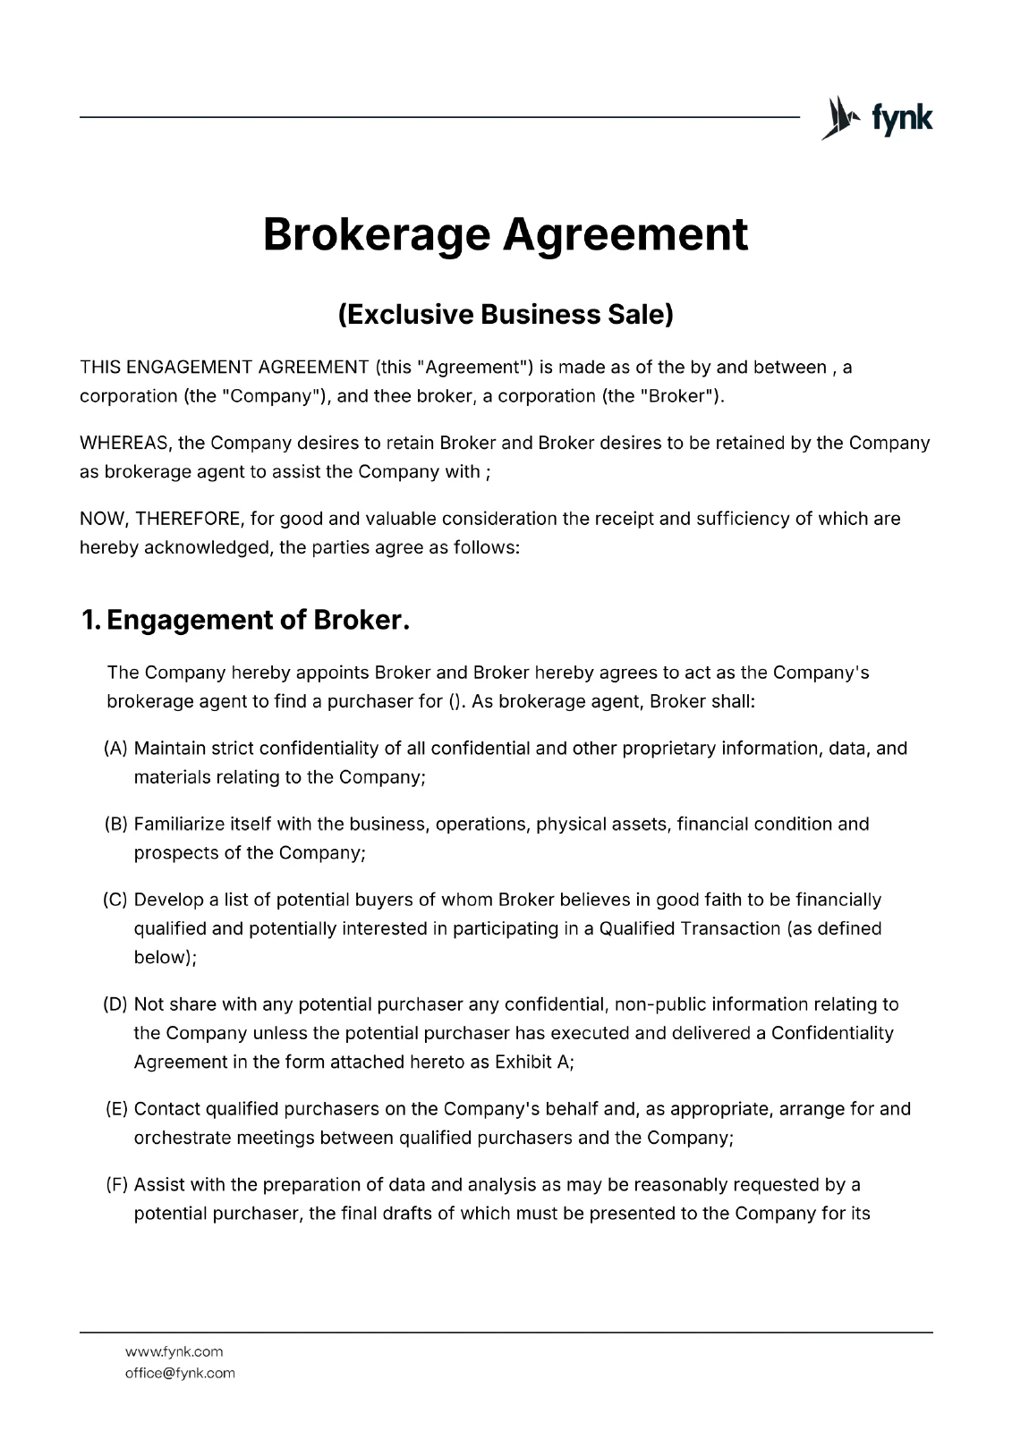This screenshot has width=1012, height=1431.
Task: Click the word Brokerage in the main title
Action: [x=376, y=234]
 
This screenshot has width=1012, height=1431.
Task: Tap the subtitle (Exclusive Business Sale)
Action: [x=506, y=314]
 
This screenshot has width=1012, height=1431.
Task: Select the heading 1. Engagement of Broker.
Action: [x=245, y=619]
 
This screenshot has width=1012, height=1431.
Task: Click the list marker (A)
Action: [x=116, y=748]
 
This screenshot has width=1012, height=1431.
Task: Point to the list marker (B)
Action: [x=116, y=824]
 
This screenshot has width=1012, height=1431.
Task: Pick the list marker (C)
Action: [x=116, y=900]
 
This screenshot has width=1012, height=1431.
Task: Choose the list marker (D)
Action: [x=116, y=1004]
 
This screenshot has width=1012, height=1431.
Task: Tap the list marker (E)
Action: [x=116, y=1109]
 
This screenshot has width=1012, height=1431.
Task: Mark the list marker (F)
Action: [x=116, y=1185]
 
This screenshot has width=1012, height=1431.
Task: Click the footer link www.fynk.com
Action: [x=174, y=1351]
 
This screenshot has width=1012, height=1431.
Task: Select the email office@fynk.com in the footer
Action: [x=180, y=1373]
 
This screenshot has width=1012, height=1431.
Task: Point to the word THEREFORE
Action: [x=188, y=519]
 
